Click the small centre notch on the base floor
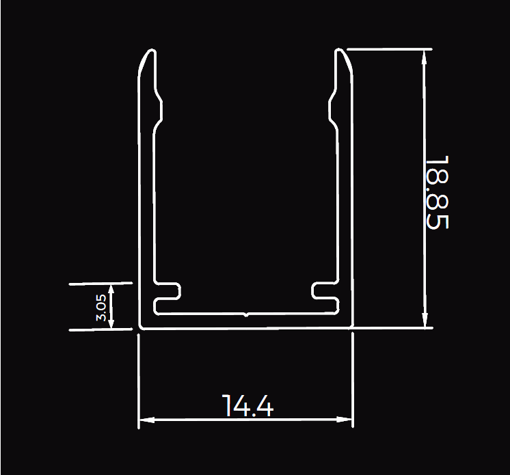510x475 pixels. [246, 316]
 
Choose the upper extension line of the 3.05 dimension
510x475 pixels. [101, 283]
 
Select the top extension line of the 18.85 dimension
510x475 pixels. [390, 49]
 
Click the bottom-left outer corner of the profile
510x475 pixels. [140, 327]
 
